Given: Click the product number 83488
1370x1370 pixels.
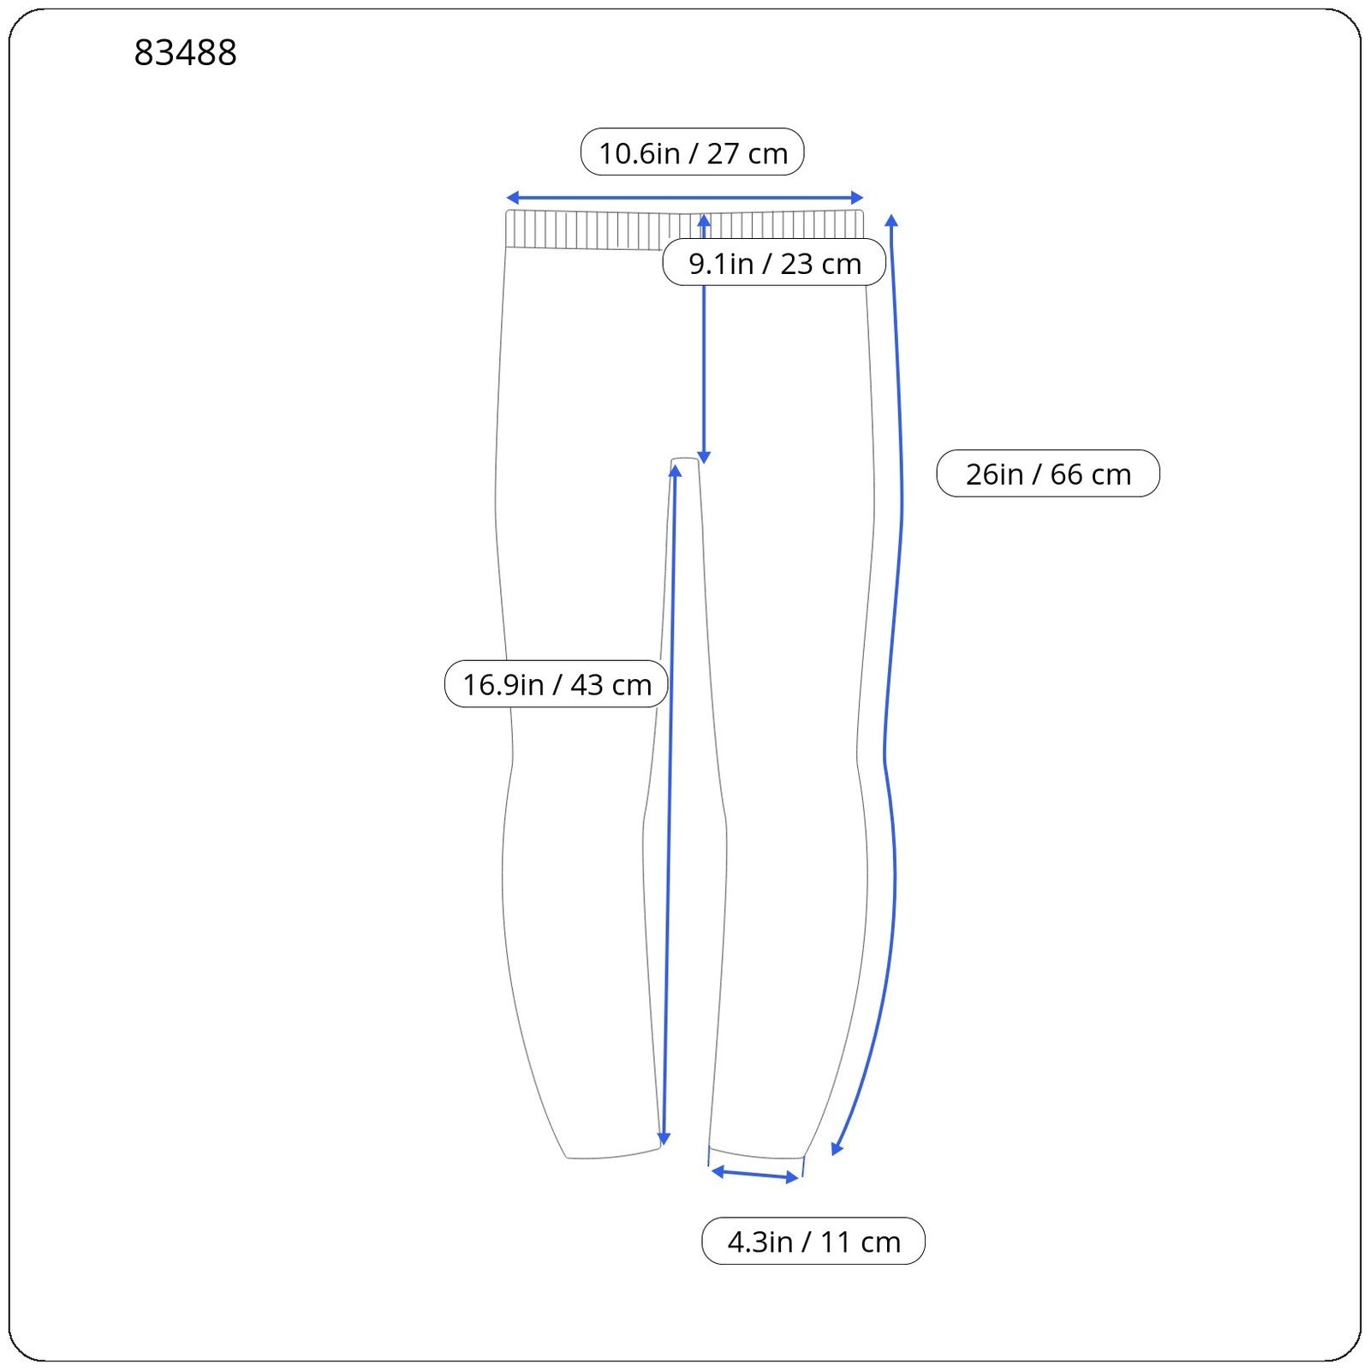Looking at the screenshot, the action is coord(185,53).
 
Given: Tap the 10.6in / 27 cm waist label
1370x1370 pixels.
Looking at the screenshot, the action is coord(693,152).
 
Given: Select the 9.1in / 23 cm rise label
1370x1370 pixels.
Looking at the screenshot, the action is coord(774,262).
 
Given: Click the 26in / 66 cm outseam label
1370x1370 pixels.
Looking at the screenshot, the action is coord(1048,474).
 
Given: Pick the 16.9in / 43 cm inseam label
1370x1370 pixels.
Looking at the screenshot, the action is coord(557,684).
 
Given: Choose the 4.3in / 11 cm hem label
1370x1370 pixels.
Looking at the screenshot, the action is coord(813,1241).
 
